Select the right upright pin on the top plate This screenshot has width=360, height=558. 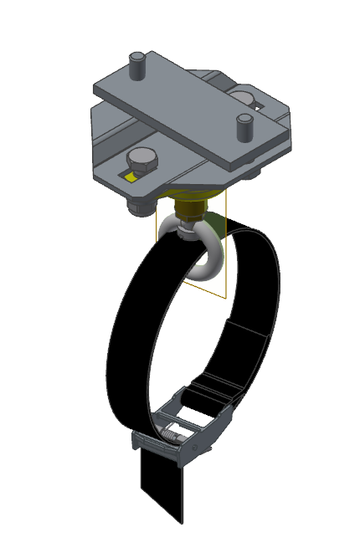tap(244, 126)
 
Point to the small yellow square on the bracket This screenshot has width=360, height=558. tap(130, 177)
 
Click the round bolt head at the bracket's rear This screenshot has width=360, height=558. tap(244, 95)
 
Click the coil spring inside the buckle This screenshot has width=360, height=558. tap(172, 436)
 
